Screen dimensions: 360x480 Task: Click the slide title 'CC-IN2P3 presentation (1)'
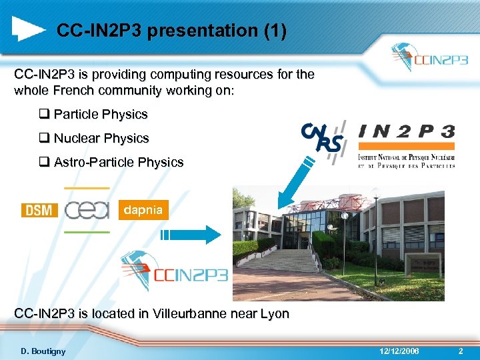click(171, 31)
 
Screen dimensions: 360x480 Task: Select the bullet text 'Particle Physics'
click(101, 115)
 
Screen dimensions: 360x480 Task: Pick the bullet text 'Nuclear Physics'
click(101, 139)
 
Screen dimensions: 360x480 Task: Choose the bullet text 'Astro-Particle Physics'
click(119, 162)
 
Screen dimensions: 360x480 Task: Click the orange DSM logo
click(40, 210)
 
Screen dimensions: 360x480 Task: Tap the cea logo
click(87, 210)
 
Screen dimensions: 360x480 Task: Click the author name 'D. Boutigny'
click(43, 351)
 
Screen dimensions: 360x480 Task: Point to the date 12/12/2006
click(399, 351)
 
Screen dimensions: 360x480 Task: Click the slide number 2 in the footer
click(460, 351)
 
